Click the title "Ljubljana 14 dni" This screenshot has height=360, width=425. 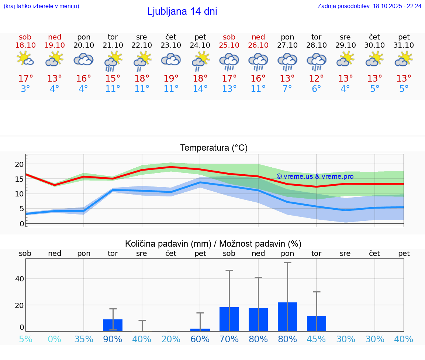tap(182, 11)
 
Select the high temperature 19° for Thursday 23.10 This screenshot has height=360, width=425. tap(171, 79)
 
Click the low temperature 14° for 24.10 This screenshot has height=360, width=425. tap(200, 89)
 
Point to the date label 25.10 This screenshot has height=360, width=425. tap(229, 45)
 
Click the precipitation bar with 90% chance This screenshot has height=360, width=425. tap(113, 325)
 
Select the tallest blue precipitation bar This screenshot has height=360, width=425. tap(287, 317)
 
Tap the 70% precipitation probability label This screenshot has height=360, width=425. tap(229, 339)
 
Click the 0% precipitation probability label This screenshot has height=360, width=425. tap(55, 339)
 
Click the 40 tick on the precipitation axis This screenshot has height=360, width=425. tap(19, 279)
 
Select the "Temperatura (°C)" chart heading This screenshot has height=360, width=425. tap(214, 148)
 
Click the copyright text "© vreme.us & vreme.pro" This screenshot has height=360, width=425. tap(315, 176)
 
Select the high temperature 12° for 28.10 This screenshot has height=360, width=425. tap(316, 79)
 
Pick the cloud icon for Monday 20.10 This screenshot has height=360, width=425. tap(83, 59)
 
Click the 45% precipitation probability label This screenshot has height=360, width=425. tap(317, 339)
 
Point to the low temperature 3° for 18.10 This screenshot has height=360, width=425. tap(25, 89)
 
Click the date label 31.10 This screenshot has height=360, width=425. tap(404, 45)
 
